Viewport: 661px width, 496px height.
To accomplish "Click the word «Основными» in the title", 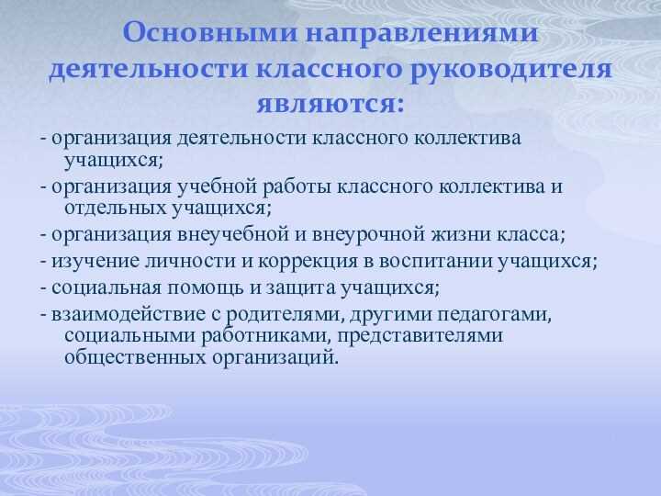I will pyautogui.click(x=187, y=34).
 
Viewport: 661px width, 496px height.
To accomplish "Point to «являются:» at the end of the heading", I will pyautogui.click(x=330, y=102).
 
